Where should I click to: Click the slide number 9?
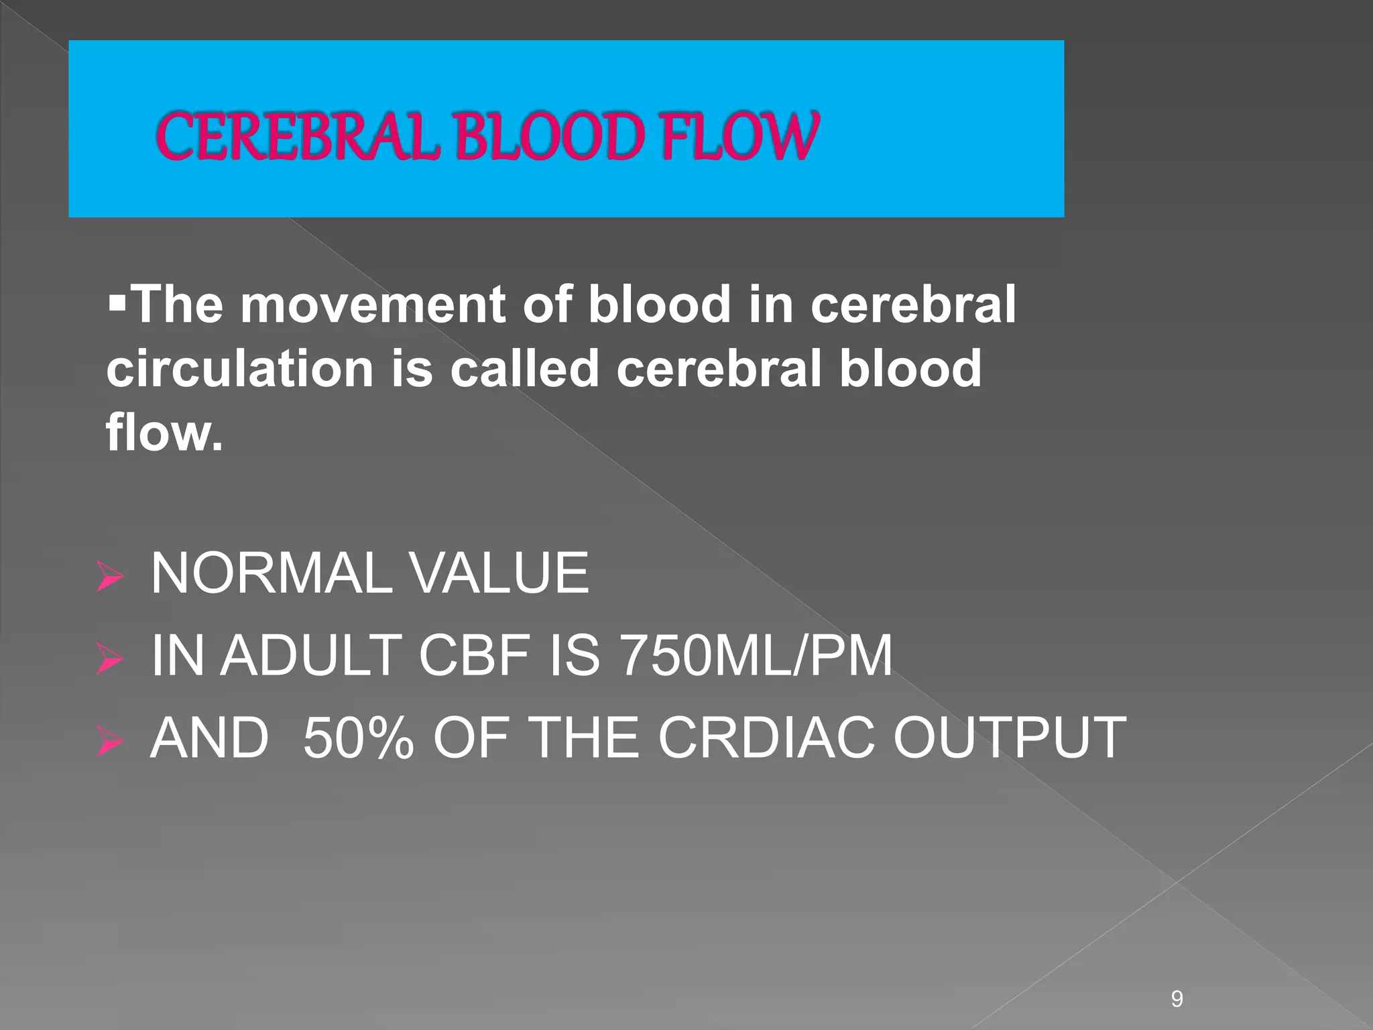point(1177,980)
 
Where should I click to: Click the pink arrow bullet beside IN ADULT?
point(109,659)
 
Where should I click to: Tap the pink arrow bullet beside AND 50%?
point(109,741)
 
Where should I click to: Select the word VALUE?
point(499,573)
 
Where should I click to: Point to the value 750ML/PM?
point(756,656)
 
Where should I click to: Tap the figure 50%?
point(358,738)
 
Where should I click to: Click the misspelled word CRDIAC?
point(767,738)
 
